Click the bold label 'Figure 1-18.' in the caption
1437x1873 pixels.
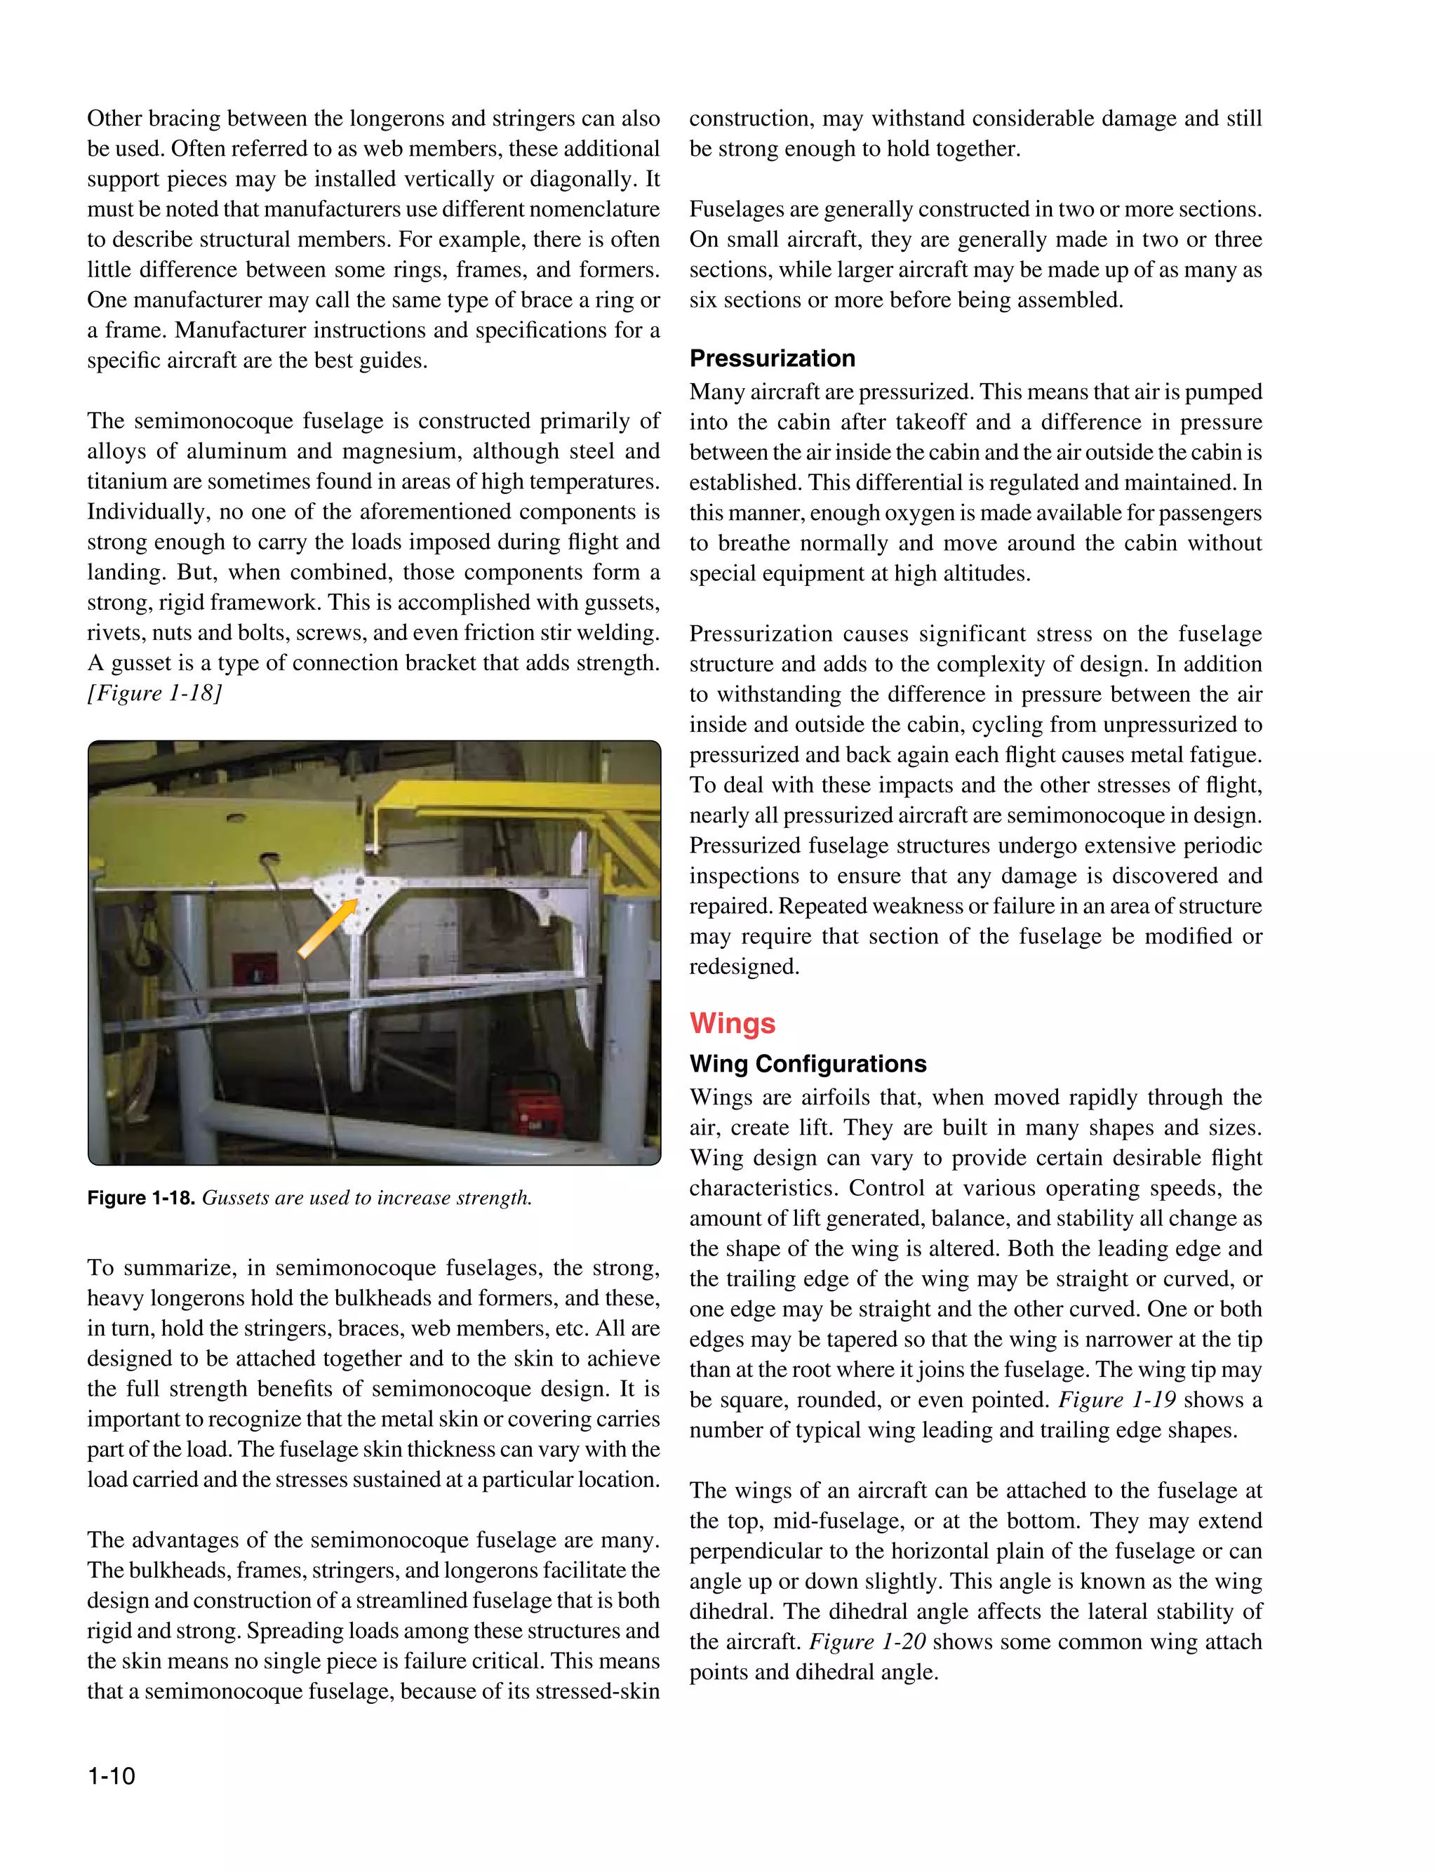(141, 1197)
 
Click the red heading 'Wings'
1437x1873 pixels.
(733, 1023)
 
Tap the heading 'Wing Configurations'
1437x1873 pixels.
(808, 1063)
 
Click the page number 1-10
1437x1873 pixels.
(111, 1775)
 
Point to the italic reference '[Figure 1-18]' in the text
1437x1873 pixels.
(154, 693)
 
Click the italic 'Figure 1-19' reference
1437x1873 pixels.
(1116, 1399)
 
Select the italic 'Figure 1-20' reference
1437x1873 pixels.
(867, 1641)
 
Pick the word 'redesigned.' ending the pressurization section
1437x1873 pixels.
(743, 966)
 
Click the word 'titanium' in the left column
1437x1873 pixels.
(124, 481)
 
